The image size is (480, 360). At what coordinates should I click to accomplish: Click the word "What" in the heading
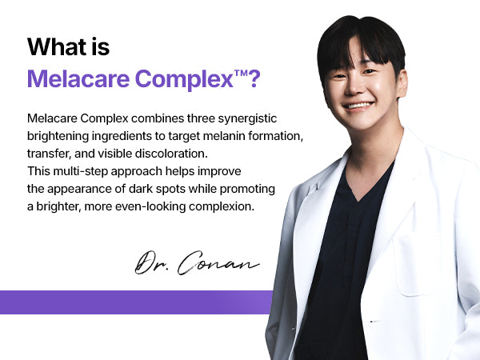(57, 47)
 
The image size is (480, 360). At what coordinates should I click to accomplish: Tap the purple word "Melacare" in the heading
(78, 78)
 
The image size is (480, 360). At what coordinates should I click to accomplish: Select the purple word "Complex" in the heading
(184, 79)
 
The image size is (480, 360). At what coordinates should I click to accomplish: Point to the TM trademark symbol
(240, 73)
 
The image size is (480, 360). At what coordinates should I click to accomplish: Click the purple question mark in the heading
(254, 78)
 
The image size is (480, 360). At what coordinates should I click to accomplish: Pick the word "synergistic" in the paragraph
(247, 118)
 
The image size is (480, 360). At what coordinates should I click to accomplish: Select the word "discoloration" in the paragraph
(171, 154)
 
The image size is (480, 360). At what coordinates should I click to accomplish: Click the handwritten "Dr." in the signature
(150, 262)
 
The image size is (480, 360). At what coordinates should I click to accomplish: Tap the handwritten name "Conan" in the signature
(218, 263)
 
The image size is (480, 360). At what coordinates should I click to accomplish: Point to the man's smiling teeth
(358, 106)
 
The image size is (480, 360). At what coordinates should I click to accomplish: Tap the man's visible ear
(402, 82)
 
